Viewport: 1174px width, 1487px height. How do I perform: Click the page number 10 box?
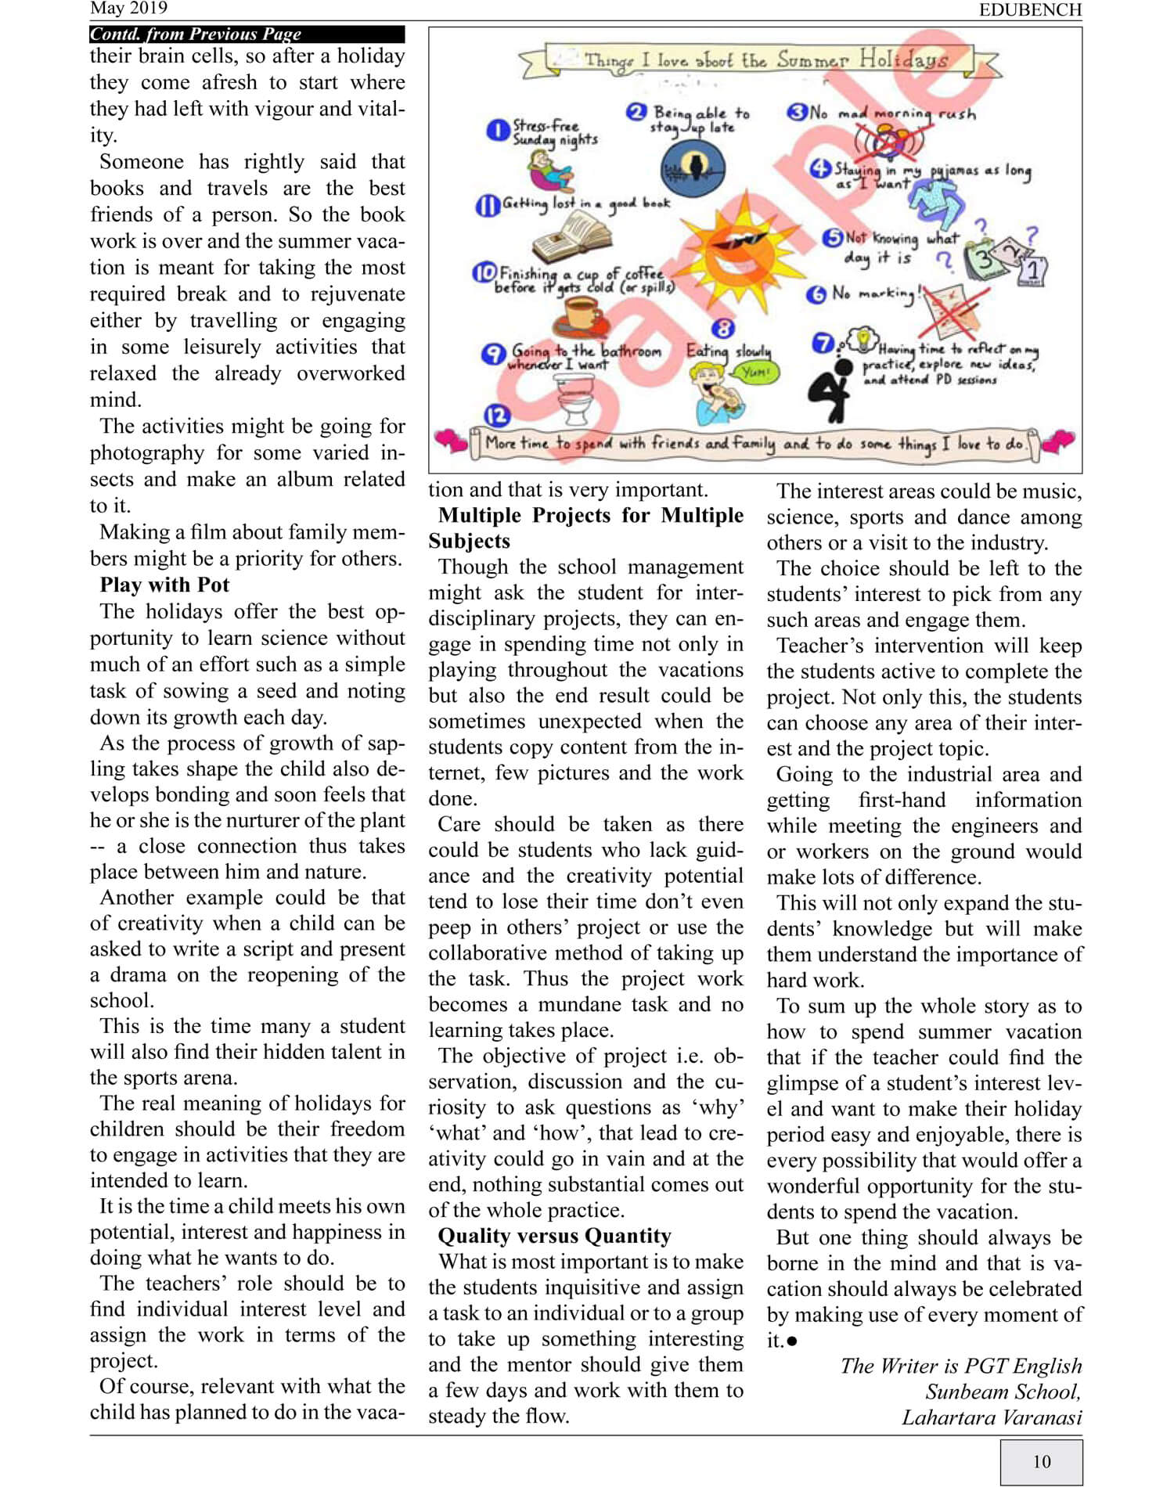click(x=1041, y=1461)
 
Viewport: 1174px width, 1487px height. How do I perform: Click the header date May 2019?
click(x=129, y=9)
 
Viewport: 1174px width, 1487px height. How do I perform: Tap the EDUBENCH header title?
click(x=1030, y=9)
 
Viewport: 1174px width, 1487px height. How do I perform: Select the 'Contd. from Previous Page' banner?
click(x=247, y=34)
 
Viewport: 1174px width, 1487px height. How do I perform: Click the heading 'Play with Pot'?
click(x=164, y=585)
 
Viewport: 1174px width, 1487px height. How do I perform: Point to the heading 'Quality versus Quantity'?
click(x=554, y=1236)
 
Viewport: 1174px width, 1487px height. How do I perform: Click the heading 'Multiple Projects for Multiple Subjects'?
click(x=585, y=528)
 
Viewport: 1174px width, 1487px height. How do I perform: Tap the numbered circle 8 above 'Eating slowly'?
click(x=723, y=329)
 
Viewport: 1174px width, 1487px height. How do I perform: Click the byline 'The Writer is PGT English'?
click(x=961, y=1366)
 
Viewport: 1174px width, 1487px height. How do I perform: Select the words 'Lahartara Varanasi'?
click(x=992, y=1418)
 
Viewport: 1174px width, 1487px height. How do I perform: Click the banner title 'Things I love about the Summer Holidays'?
click(x=765, y=60)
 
